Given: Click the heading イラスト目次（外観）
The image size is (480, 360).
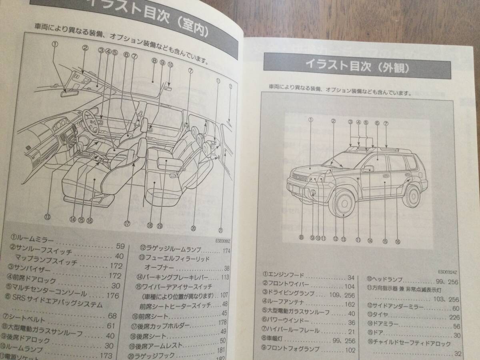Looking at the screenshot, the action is pos(357,65).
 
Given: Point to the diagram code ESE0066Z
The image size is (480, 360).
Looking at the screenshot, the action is pos(227,241).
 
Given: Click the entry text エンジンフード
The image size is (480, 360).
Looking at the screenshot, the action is pos(286,276).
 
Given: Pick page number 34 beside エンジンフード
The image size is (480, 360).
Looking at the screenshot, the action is pos(351,278).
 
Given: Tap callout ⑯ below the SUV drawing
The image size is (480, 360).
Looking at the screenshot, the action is pos(397,241).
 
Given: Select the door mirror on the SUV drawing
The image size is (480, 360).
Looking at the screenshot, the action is pos(367,169).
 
